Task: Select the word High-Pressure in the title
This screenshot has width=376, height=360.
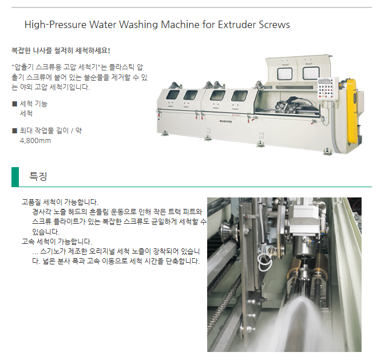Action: click(56, 25)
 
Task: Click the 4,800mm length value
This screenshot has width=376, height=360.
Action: click(35, 141)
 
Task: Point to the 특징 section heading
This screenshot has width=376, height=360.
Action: click(38, 176)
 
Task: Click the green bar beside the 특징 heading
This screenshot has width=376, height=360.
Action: click(15, 177)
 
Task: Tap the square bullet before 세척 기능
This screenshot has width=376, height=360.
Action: click(15, 104)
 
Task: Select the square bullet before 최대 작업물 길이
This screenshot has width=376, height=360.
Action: click(15, 130)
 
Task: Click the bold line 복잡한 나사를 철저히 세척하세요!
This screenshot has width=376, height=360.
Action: click(61, 50)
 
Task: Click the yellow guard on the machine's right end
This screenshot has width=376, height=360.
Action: click(352, 110)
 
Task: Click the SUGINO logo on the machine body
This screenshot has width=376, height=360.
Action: click(225, 121)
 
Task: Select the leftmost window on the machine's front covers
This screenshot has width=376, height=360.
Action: click(173, 95)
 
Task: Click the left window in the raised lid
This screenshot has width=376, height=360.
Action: click(284, 73)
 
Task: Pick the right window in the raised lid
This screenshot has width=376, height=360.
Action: click(311, 73)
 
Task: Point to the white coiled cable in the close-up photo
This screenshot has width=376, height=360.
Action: click(264, 262)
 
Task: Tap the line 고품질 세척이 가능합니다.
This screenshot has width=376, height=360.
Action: click(60, 202)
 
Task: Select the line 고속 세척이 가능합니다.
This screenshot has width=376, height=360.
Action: click(57, 242)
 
